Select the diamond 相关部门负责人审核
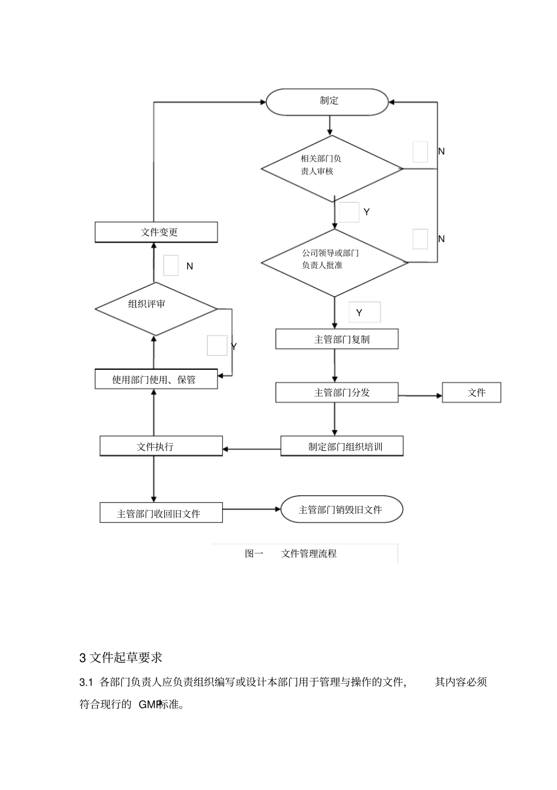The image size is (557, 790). click(x=332, y=168)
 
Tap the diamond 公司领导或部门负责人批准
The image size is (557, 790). click(x=334, y=262)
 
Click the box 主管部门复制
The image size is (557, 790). click(x=337, y=339)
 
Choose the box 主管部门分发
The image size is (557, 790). click(x=337, y=393)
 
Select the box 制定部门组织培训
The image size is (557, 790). click(x=342, y=447)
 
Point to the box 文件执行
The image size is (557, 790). click(x=161, y=447)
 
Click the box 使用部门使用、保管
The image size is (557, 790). click(x=156, y=379)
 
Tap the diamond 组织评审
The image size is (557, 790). click(x=156, y=309)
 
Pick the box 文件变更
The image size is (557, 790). click(x=156, y=232)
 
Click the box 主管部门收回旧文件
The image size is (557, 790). click(x=161, y=513)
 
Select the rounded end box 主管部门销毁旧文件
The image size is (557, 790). click(x=342, y=509)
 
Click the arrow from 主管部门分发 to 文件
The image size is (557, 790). click(x=420, y=396)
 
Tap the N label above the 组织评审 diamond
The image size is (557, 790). click(x=189, y=266)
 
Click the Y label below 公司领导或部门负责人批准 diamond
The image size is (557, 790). click(x=359, y=313)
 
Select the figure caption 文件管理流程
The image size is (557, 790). click(x=309, y=553)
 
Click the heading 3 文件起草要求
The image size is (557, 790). click(x=121, y=657)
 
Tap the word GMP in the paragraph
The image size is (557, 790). click(x=149, y=704)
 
